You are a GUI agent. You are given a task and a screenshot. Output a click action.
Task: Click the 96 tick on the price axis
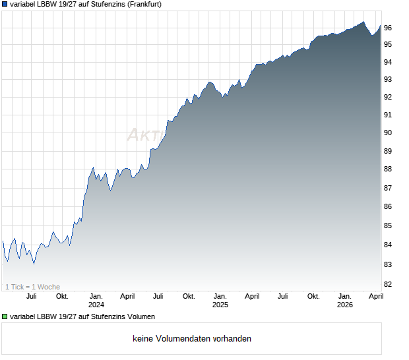[x=388, y=28]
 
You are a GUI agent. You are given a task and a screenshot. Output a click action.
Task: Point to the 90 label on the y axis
[x=388, y=133]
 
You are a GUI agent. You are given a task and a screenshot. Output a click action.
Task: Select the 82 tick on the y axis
[x=388, y=284]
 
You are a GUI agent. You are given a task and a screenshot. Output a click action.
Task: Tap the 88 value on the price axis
[x=388, y=169]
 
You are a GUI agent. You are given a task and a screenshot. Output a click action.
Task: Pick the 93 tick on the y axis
[x=388, y=79]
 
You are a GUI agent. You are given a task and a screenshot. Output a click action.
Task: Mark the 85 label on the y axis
[x=388, y=225]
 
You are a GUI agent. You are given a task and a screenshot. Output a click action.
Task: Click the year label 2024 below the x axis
[x=96, y=305]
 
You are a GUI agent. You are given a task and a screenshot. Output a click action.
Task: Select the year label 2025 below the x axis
[x=220, y=305]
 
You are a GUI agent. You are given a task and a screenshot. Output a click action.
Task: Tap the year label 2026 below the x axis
[x=344, y=305]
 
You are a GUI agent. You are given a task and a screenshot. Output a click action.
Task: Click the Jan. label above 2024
[x=96, y=296]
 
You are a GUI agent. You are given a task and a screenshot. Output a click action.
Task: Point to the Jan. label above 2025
[x=220, y=296]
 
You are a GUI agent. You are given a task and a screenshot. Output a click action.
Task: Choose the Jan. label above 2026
[x=344, y=296]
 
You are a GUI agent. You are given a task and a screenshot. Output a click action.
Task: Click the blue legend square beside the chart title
[x=5, y=4]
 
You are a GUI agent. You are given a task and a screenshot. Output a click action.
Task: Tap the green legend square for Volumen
[x=5, y=317]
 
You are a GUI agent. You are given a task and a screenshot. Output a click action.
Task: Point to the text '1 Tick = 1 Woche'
[x=32, y=287]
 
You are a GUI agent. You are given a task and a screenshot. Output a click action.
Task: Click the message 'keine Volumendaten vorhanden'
[x=192, y=339]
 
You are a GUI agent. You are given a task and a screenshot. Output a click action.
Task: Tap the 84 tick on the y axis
[x=388, y=245]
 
